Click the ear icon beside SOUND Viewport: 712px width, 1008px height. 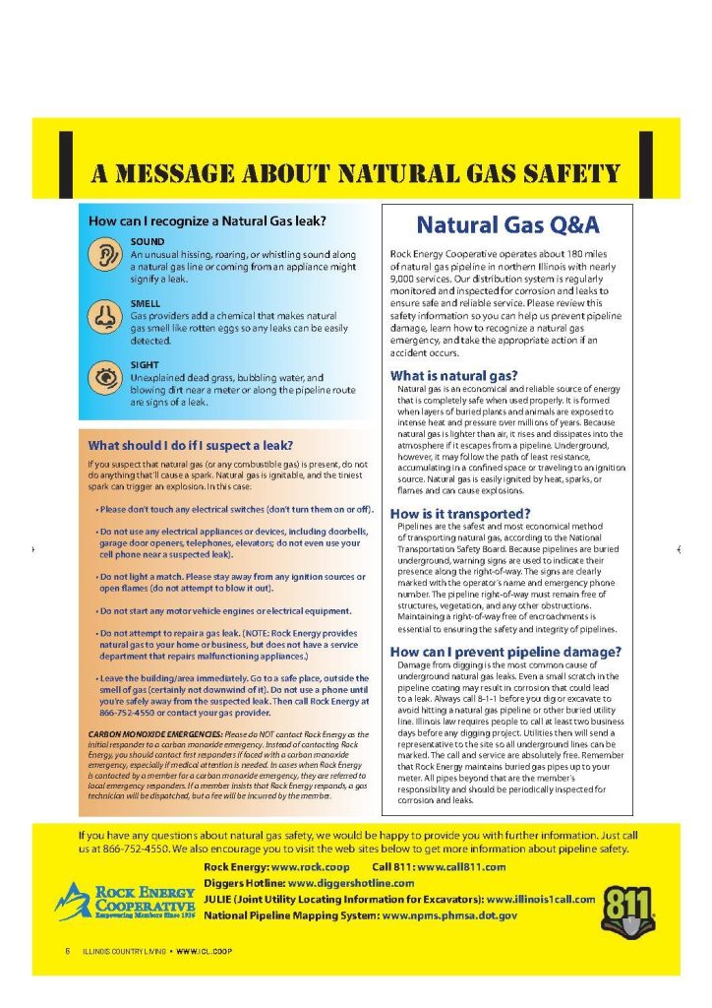[x=103, y=257]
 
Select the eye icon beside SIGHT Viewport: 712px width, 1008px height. [x=103, y=376]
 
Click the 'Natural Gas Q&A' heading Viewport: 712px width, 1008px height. [x=507, y=225]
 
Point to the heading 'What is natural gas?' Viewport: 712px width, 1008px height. [x=453, y=375]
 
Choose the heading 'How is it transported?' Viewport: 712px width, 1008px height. [x=460, y=513]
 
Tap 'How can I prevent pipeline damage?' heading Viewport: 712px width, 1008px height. [x=505, y=652]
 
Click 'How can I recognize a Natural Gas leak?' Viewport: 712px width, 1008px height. [x=208, y=221]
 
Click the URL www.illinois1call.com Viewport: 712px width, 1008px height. [x=541, y=899]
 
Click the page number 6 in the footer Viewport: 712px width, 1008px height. [x=68, y=950]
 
